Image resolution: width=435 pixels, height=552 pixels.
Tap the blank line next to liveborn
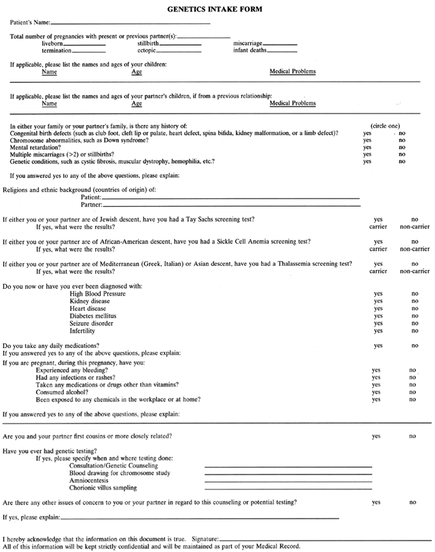tap(84, 44)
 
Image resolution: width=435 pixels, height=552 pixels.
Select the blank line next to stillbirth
tap(180, 44)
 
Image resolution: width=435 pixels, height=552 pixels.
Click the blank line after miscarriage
tap(281, 44)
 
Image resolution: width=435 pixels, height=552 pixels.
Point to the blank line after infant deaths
tap(282, 51)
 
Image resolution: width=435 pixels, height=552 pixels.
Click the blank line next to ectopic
tap(180, 51)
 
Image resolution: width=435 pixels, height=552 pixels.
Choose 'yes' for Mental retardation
tap(368, 148)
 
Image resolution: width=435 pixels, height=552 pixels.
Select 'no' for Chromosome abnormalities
tap(402, 140)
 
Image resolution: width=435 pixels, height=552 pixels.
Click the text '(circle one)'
tap(385, 126)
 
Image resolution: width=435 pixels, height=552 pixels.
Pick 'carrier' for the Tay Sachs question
tap(378, 227)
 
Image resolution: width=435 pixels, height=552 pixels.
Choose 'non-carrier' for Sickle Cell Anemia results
tap(415, 249)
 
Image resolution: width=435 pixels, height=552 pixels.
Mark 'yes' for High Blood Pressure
tap(378, 294)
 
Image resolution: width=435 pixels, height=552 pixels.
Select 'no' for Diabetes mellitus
tap(415, 316)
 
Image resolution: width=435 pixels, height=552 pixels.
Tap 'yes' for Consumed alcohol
tap(376, 392)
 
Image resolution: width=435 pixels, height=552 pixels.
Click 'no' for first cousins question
tap(413, 436)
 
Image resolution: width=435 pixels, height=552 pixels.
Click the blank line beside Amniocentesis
tap(288, 481)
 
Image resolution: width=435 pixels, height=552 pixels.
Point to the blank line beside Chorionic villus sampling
tap(288, 489)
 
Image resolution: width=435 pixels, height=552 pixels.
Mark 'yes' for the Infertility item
tap(378, 331)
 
